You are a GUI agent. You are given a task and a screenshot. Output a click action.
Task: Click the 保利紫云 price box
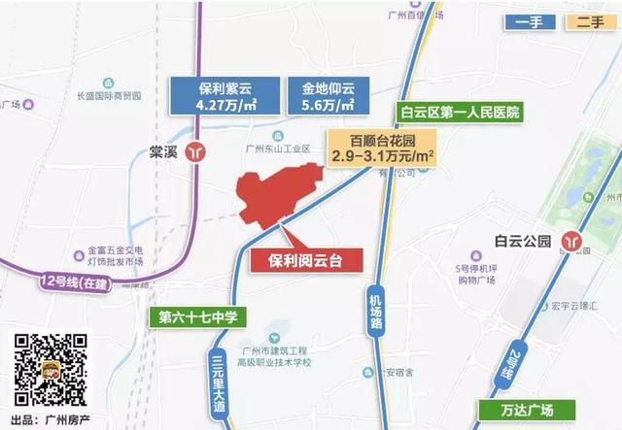224,95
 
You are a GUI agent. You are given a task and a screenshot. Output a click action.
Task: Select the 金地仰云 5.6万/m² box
320,95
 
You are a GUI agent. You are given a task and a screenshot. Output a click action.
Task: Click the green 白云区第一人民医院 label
459,111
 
